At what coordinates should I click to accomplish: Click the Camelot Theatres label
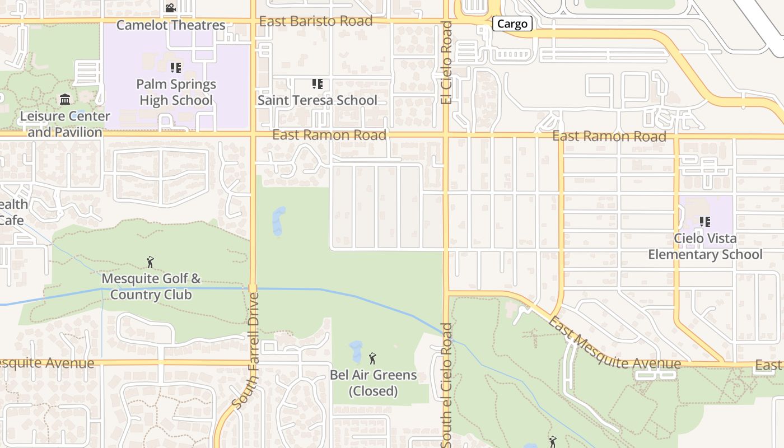tap(171, 25)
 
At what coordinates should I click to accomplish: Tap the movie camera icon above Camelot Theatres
tap(171, 8)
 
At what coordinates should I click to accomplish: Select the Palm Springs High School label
tap(176, 92)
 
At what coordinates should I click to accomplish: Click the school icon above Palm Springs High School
tap(176, 68)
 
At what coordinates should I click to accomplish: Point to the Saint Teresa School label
tap(317, 100)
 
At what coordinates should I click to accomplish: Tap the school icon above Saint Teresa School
tap(317, 84)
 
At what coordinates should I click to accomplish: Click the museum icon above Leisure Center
tap(65, 100)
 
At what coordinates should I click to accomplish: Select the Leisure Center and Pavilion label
tap(65, 124)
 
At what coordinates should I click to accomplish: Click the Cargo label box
tap(512, 24)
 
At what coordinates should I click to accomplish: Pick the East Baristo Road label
tap(316, 21)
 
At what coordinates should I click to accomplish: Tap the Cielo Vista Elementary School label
tap(705, 246)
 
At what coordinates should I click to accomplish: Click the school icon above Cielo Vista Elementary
tap(704, 222)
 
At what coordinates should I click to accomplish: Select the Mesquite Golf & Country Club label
tap(151, 286)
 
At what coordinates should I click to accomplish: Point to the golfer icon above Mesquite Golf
tap(150, 262)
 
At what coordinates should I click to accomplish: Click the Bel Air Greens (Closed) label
tap(373, 383)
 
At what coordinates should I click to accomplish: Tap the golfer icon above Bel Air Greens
tap(372, 358)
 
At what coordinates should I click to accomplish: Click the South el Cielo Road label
tap(446, 385)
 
